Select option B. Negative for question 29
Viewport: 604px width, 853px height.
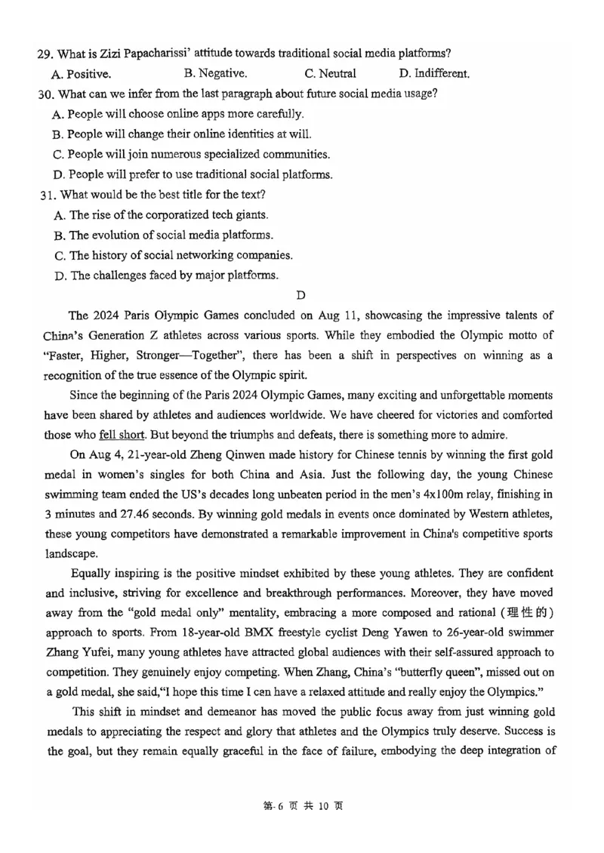click(215, 73)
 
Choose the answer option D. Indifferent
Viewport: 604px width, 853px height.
click(434, 73)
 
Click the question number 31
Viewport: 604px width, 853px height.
click(47, 194)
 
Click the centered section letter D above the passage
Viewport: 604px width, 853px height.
click(301, 294)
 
